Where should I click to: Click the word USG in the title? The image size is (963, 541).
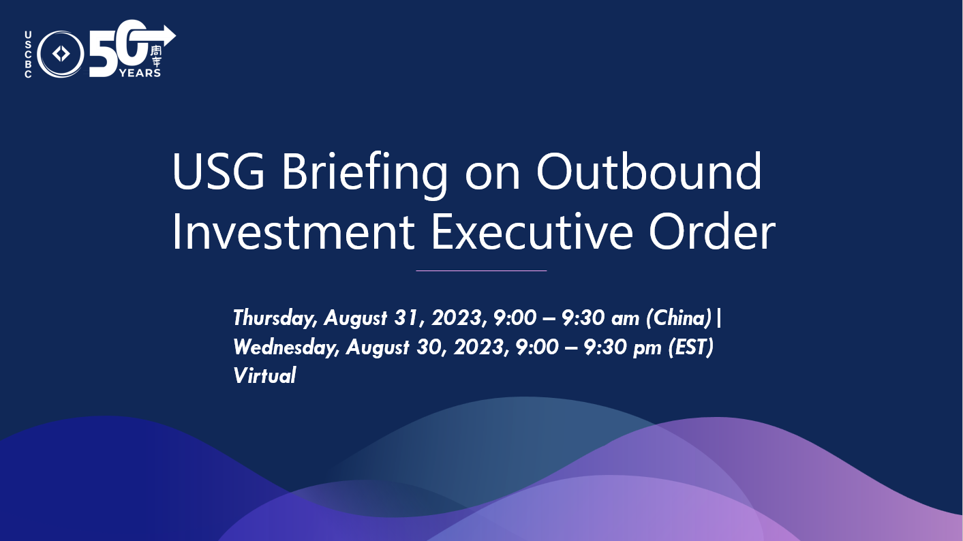pos(218,171)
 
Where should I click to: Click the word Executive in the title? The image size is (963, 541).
pos(532,232)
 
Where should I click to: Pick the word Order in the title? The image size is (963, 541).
pos(712,231)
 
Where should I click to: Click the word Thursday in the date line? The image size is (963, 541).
pos(275,318)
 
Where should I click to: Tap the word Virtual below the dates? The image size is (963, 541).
pos(264,375)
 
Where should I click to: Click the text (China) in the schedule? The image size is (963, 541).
pos(679,318)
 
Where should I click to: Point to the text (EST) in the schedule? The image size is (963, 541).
pos(690,347)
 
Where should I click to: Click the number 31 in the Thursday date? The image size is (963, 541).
pos(406,318)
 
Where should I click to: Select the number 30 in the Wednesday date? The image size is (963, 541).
pos(429,347)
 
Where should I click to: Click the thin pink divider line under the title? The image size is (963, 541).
pos(481,270)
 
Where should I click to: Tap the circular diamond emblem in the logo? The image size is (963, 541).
pos(61,54)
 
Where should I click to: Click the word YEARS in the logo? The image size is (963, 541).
pos(140,73)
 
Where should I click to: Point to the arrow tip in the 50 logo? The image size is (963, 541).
pos(175,35)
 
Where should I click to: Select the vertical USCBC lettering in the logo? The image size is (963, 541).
pos(28,54)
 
